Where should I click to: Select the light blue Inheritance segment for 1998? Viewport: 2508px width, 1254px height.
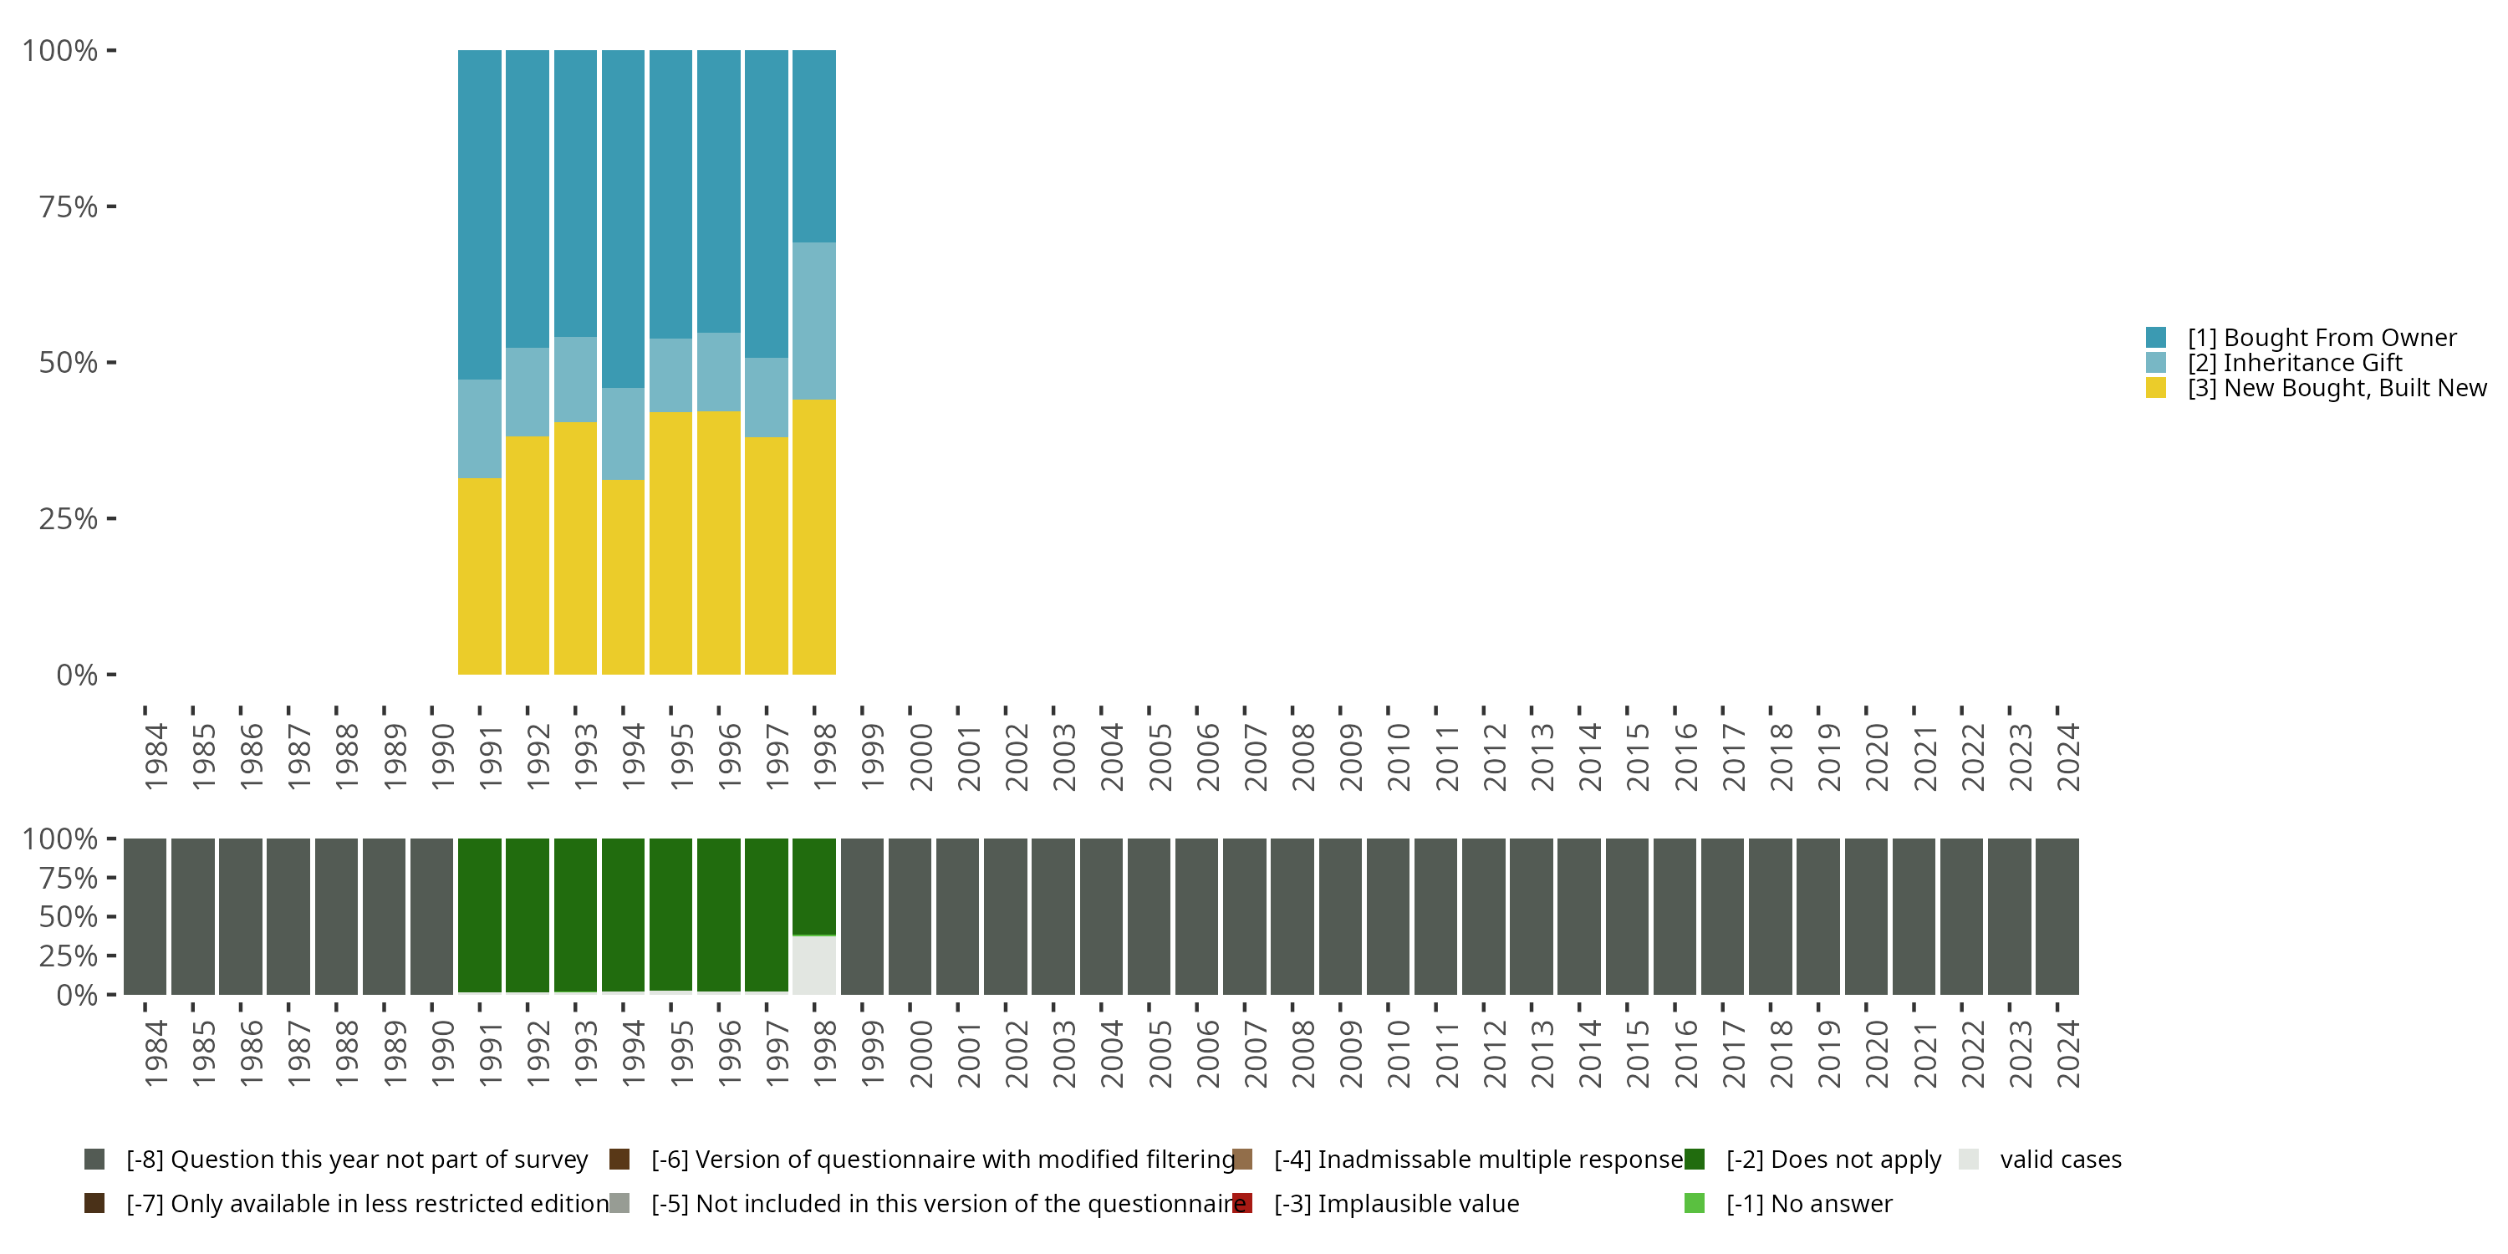point(814,320)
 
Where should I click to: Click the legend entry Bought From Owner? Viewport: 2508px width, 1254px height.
point(2321,338)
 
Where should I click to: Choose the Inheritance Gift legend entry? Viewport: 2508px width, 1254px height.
point(2294,363)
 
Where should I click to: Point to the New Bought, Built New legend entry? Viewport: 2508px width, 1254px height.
point(2336,389)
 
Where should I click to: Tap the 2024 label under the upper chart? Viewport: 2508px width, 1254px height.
point(2067,757)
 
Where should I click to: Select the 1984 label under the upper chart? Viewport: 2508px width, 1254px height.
point(155,757)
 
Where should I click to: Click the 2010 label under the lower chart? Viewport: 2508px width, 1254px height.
point(1398,1053)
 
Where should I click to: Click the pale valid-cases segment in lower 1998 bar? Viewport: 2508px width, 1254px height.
point(814,965)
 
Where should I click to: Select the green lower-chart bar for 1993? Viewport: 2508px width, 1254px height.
point(575,915)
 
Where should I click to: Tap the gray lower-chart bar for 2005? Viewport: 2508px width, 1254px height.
point(1149,916)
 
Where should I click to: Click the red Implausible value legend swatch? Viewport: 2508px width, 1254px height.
point(1242,1203)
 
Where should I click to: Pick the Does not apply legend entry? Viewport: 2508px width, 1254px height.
point(1833,1160)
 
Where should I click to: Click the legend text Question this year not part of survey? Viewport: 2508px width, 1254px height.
point(356,1160)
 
